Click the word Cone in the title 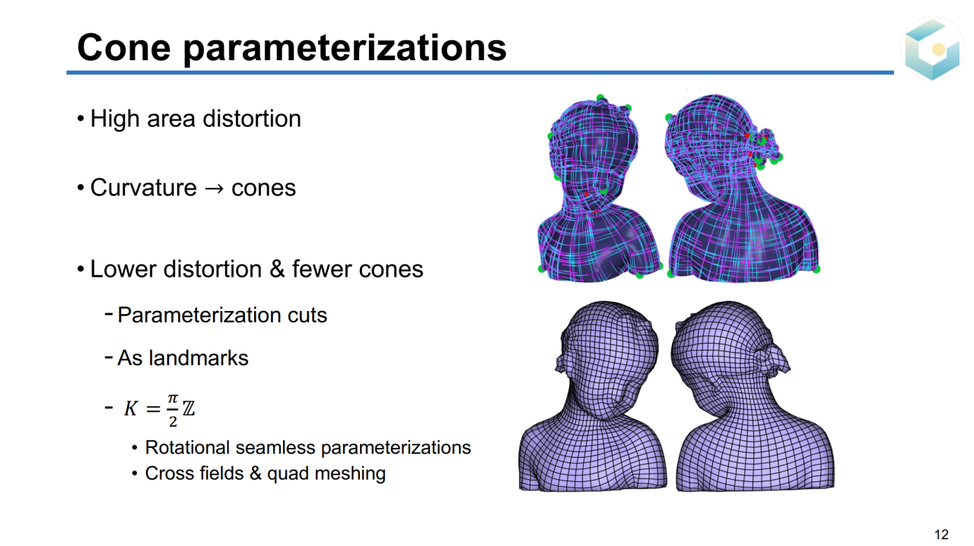(x=124, y=47)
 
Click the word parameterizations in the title (x=345, y=49)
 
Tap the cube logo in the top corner (x=932, y=48)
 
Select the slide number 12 (x=941, y=535)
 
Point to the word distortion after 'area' (x=252, y=118)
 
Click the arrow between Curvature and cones (x=214, y=189)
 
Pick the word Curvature (x=144, y=188)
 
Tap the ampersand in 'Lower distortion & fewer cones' (x=277, y=269)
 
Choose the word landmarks (x=199, y=358)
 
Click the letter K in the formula (x=131, y=408)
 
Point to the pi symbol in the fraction (x=173, y=398)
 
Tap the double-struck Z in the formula (x=188, y=408)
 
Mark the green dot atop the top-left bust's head (x=600, y=97)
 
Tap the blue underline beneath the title (x=480, y=72)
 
